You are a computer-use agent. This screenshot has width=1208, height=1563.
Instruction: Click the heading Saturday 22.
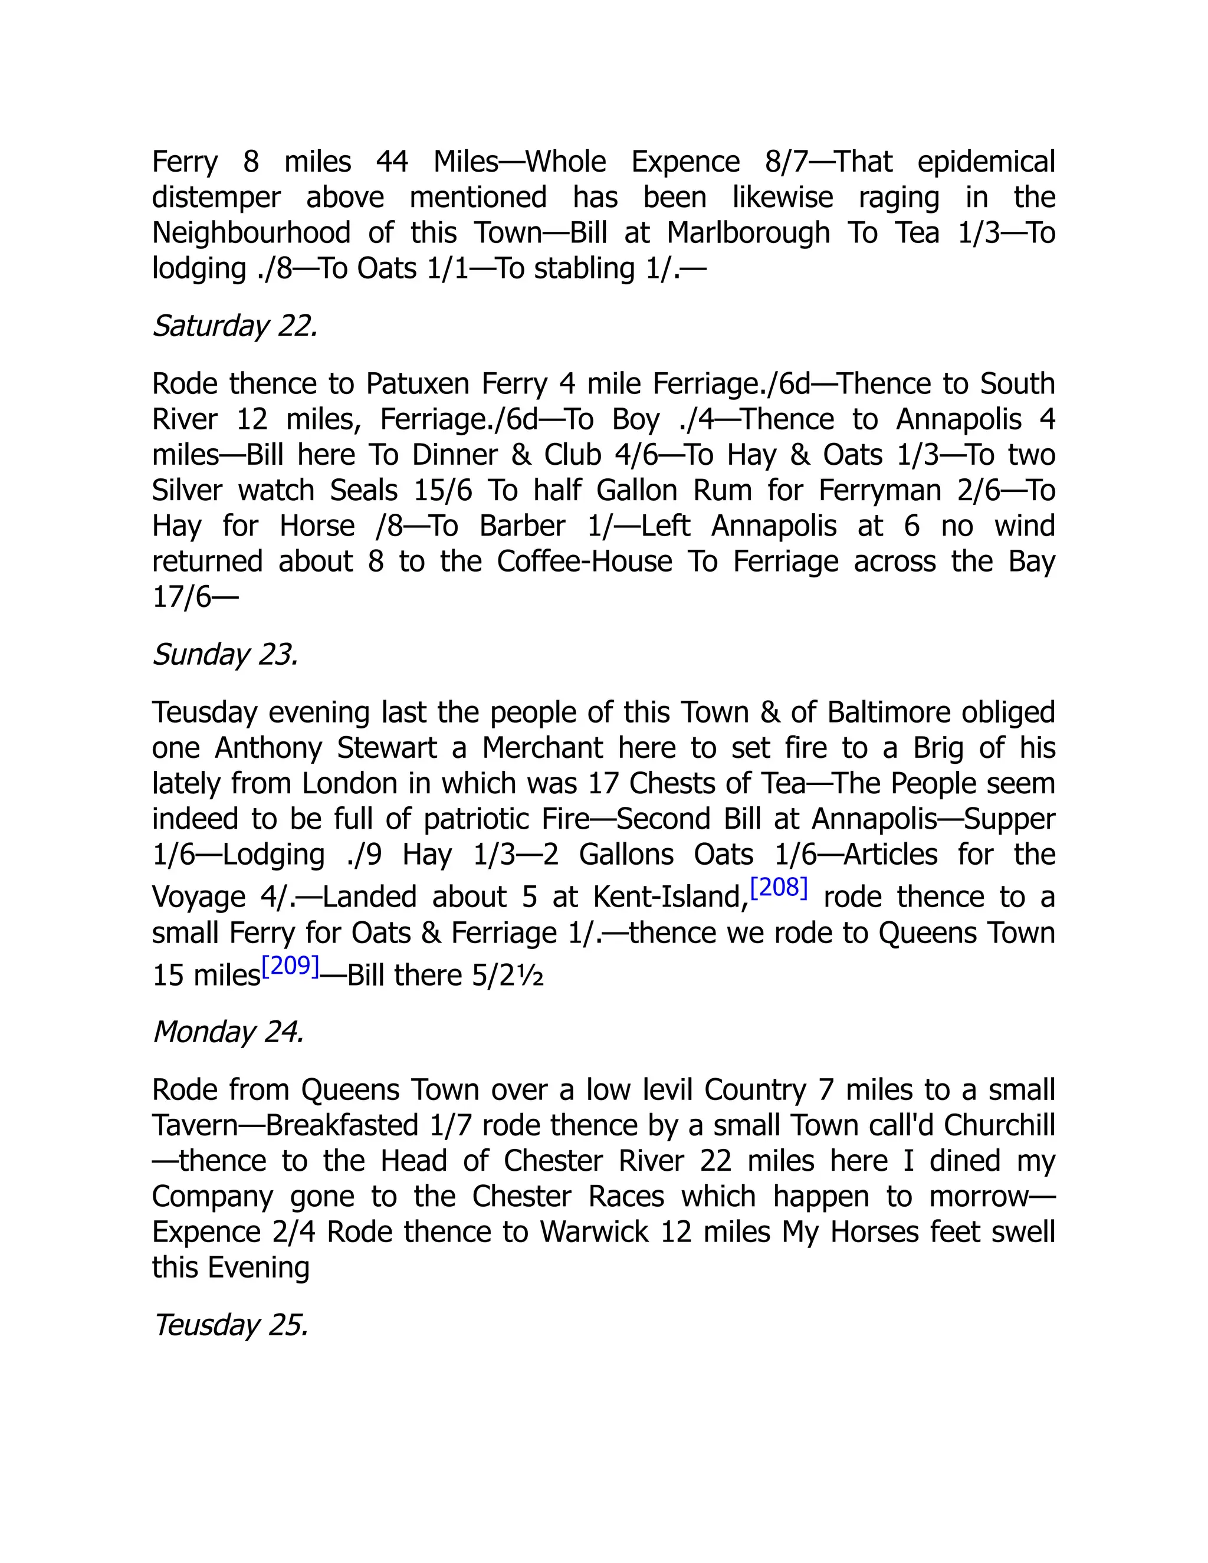click(235, 326)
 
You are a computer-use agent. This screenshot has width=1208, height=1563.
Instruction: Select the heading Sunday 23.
click(225, 655)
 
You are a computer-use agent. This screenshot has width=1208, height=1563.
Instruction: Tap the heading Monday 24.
click(228, 1032)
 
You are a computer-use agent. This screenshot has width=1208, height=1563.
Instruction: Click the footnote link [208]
click(779, 888)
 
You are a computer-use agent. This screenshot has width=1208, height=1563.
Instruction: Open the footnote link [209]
click(290, 966)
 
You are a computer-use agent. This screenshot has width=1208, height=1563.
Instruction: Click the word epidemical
click(986, 162)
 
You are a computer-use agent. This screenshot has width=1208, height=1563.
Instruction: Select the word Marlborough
click(748, 234)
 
